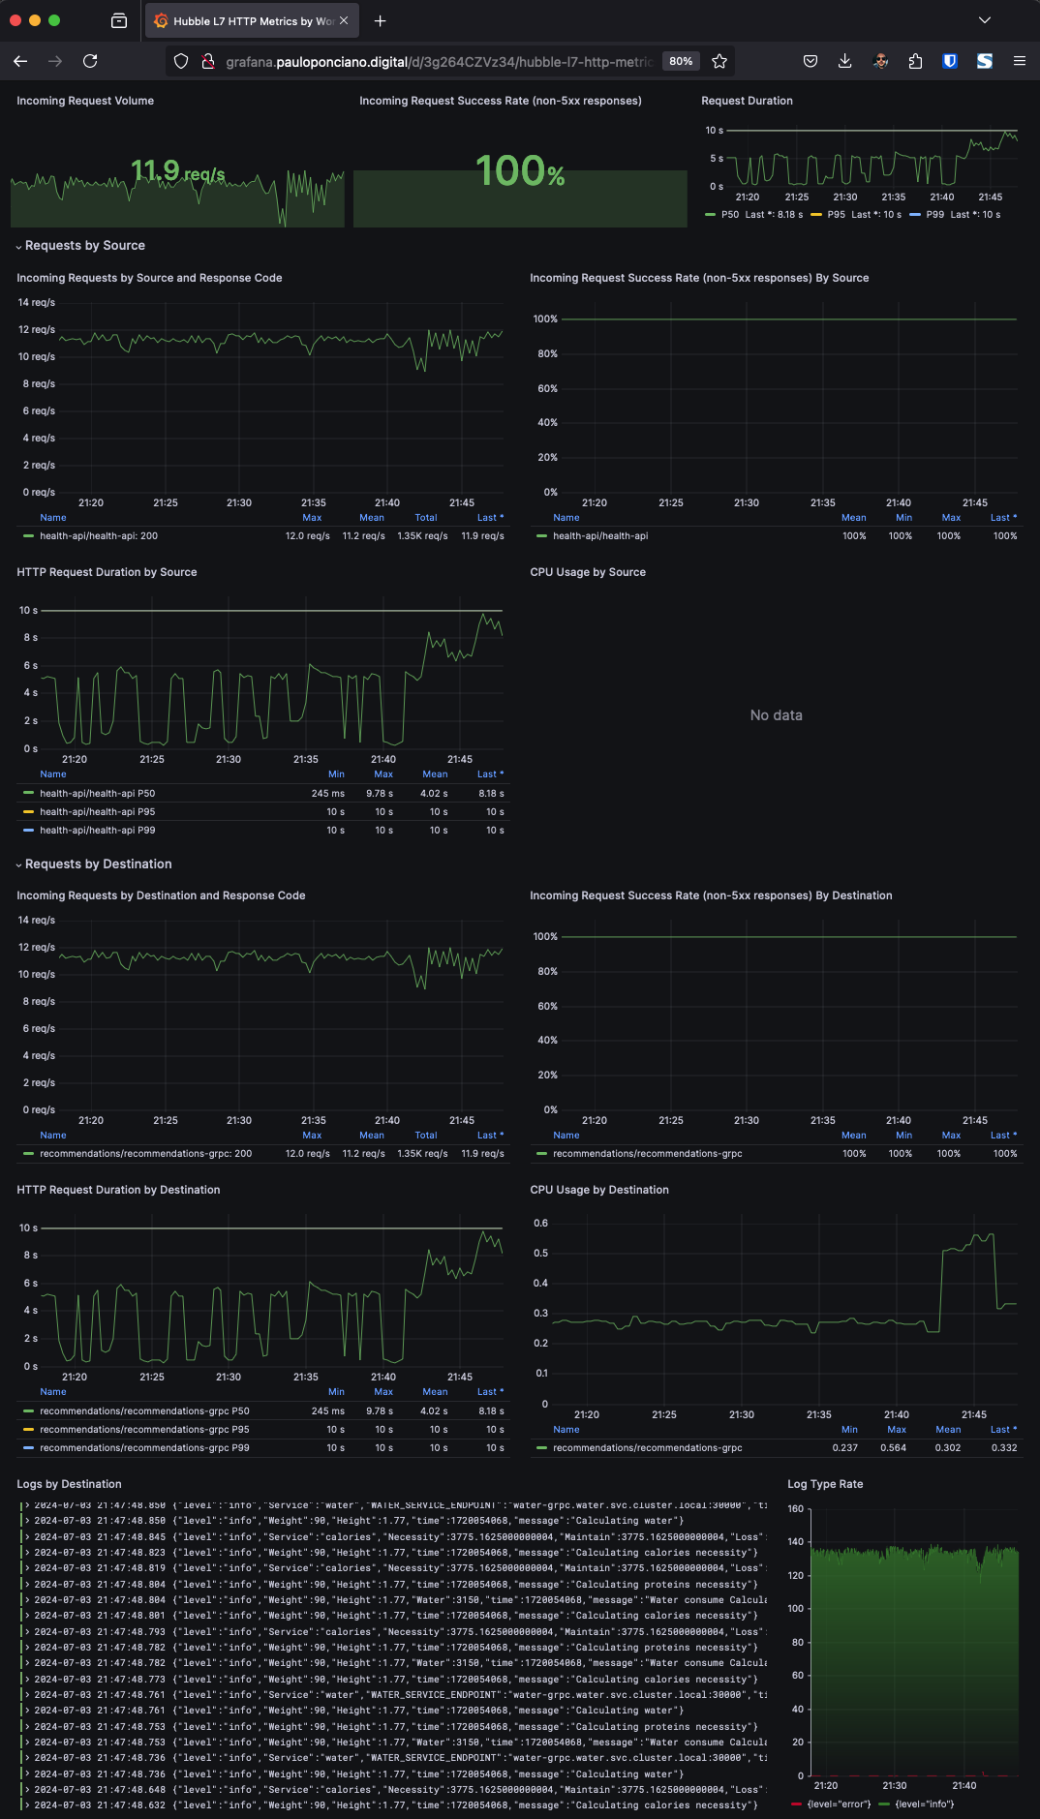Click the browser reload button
point(90,61)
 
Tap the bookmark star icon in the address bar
point(719,61)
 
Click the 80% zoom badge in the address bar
point(681,61)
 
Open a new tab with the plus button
point(380,20)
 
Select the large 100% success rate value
point(520,172)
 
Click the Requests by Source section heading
point(85,246)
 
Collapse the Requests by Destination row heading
point(98,864)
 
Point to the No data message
point(776,715)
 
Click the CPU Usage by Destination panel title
point(599,1190)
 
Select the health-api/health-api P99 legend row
point(97,831)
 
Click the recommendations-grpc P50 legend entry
point(144,1411)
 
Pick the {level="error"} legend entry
point(839,1804)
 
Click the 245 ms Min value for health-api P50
point(327,794)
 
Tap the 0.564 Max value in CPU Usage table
point(893,1448)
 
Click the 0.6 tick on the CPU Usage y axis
point(540,1224)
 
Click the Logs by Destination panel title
point(69,1484)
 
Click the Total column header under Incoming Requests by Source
point(426,518)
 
